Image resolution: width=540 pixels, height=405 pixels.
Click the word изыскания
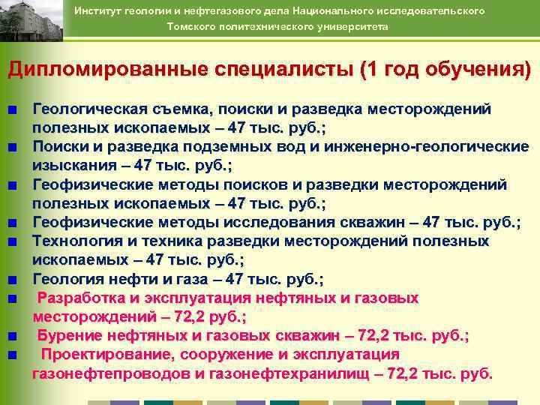(67, 165)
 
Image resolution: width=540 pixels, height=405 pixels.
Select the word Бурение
(65, 335)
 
